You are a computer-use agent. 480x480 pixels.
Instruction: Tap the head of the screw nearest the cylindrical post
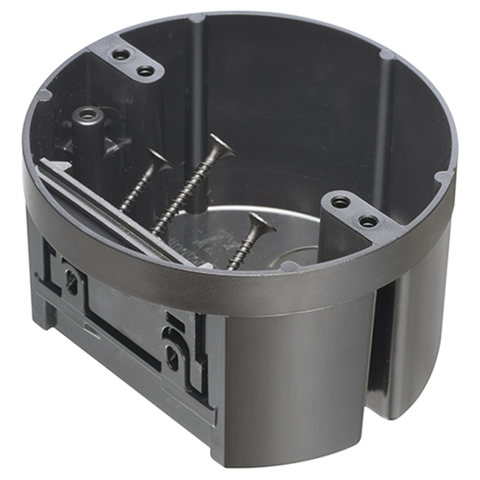click(159, 160)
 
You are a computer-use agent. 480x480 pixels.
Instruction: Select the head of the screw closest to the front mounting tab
click(262, 222)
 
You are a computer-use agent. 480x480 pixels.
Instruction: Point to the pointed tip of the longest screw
click(154, 233)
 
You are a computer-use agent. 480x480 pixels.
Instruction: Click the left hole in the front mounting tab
click(340, 203)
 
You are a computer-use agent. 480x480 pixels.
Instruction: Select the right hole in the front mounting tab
click(368, 221)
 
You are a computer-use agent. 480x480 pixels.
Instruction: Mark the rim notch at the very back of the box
click(196, 18)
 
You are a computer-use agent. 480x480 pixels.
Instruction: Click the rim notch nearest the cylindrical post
click(43, 95)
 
